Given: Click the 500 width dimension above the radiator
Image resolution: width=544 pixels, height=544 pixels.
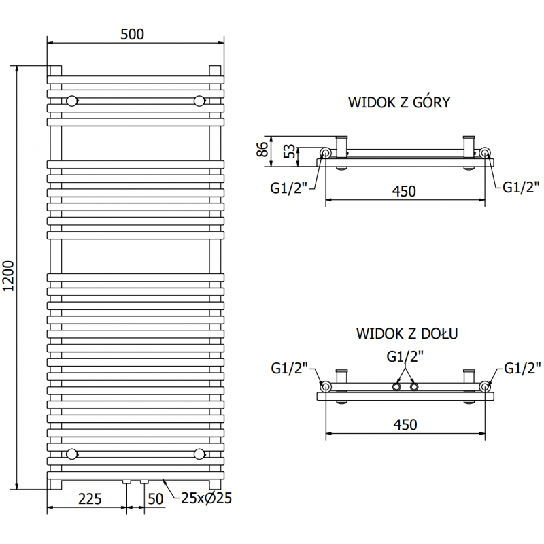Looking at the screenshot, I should point(133,34).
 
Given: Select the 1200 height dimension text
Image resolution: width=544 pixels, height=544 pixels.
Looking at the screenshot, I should point(8,277).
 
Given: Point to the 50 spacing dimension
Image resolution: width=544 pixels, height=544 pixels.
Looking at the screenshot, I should point(156,499).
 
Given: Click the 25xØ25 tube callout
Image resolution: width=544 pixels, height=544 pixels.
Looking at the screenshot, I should point(207,498).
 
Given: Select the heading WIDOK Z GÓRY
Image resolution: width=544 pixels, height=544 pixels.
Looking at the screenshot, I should point(399,103).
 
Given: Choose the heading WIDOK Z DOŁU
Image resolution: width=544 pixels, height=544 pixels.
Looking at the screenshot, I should point(406,334).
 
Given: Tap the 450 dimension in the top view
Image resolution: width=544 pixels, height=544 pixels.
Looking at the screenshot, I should point(405,192).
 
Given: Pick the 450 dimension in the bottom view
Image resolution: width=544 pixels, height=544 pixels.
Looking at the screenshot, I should point(405,424).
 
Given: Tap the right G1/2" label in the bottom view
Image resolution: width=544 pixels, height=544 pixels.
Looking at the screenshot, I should point(522,368).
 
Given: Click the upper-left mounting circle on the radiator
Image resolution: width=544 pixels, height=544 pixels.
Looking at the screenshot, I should point(72,101).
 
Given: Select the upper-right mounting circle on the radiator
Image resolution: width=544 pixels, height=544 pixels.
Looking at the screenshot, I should point(199,101).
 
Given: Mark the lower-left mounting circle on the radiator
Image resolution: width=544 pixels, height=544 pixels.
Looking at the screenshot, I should point(72,454).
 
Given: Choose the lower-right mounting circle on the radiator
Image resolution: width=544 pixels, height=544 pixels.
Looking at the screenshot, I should point(199,454).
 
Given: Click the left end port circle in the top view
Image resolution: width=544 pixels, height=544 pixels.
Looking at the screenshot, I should point(326,153).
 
